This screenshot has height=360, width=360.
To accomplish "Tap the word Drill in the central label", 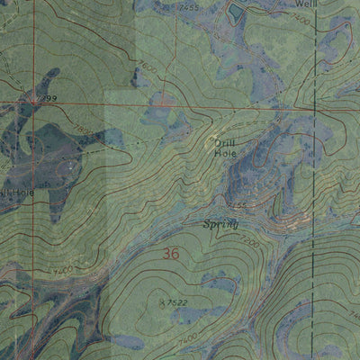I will tap(223, 141).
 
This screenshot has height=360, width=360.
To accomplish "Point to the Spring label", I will tap(220, 224).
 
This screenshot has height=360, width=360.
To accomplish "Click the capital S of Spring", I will tap(206, 223).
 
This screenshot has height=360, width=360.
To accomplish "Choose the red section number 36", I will tap(171, 255).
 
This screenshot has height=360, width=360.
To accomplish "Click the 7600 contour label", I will tap(148, 65).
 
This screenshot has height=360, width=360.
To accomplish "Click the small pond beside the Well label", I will tap(236, 12).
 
